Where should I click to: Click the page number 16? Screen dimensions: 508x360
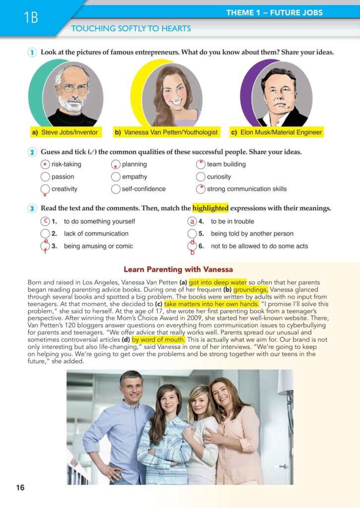click(x=20, y=488)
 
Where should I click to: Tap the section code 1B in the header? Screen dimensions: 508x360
click(x=30, y=18)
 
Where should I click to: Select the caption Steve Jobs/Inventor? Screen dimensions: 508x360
click(x=65, y=132)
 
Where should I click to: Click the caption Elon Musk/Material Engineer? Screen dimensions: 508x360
click(x=277, y=132)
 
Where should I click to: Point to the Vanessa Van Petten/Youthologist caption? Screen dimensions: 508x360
click(x=166, y=132)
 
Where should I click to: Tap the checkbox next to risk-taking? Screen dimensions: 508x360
click(x=45, y=165)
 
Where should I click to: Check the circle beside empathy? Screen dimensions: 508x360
click(x=116, y=177)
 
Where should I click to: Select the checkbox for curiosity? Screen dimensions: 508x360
click(x=200, y=177)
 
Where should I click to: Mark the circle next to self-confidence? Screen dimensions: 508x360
click(x=116, y=189)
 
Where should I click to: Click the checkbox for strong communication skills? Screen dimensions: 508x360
click(x=200, y=189)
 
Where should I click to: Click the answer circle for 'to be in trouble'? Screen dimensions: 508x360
click(x=192, y=222)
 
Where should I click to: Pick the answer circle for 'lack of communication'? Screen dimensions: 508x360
click(x=45, y=234)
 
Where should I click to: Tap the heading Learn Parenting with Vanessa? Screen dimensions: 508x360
click(x=178, y=269)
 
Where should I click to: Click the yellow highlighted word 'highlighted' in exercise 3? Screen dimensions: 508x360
click(x=210, y=208)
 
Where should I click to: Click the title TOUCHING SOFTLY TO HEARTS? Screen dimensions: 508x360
click(x=131, y=29)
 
